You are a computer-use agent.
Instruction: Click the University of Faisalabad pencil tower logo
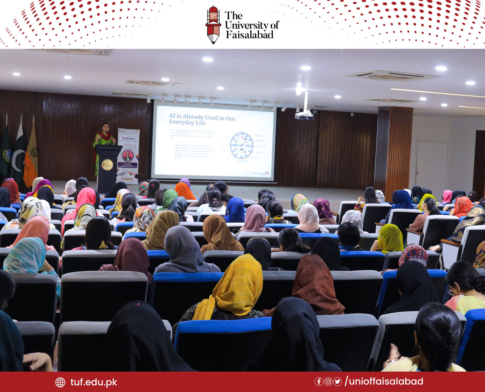213,25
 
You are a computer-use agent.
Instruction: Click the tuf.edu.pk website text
94,382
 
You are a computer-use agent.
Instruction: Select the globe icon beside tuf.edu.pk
60,382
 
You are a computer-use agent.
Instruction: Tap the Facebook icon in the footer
318,382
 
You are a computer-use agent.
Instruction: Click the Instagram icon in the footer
328,382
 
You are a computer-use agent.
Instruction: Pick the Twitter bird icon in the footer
338,382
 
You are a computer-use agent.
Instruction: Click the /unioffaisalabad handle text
384,381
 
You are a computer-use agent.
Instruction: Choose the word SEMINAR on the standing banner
128,139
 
